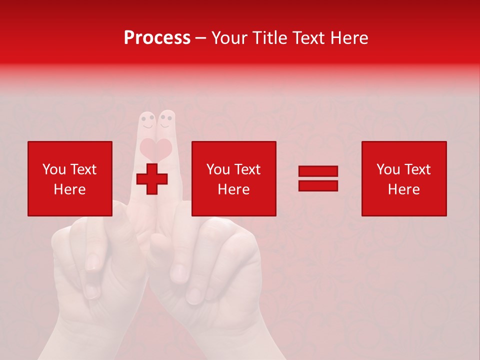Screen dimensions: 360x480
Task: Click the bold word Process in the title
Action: click(x=157, y=38)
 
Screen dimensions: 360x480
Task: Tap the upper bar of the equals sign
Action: click(x=318, y=171)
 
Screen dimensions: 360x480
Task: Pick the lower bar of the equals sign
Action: click(x=318, y=185)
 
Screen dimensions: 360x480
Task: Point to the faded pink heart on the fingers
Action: click(x=156, y=148)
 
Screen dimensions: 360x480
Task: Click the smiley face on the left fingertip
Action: click(x=147, y=120)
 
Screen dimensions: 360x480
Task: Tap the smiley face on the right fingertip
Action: click(x=166, y=120)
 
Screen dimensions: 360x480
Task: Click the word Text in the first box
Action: click(x=82, y=169)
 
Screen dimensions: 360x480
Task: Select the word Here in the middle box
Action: click(x=234, y=189)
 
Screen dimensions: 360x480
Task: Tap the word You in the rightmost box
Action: click(x=388, y=169)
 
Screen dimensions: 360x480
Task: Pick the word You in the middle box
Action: click(x=218, y=169)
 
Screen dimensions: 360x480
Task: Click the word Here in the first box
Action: click(x=70, y=189)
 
